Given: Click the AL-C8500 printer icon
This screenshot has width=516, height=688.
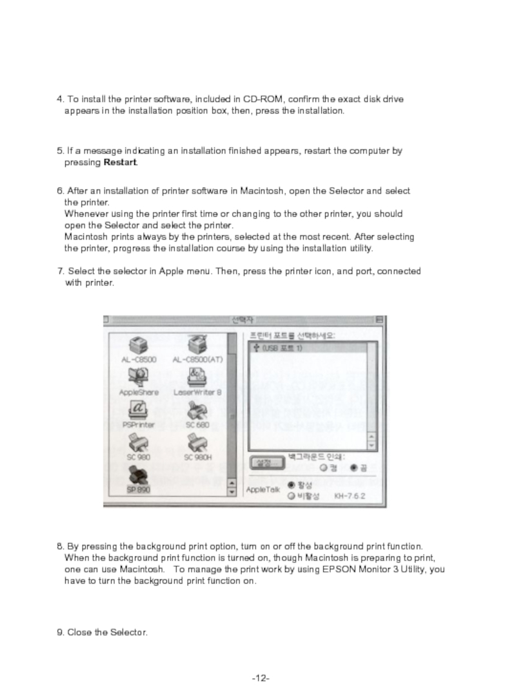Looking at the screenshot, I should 138,345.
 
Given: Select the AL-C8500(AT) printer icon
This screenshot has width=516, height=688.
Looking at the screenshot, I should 197,345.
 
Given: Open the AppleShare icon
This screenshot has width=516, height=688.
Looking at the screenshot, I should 138,377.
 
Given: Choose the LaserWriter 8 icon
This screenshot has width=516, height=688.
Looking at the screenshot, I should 197,377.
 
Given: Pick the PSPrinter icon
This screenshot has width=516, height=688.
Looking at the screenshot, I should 138,409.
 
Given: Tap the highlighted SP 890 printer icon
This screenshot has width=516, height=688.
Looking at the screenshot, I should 138,477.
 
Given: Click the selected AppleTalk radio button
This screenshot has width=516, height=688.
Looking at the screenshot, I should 292,484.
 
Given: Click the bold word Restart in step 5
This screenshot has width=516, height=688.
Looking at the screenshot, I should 120,162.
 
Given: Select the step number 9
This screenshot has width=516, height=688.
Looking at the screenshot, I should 60,632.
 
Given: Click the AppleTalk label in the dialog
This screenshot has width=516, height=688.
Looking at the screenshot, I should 263,490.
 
